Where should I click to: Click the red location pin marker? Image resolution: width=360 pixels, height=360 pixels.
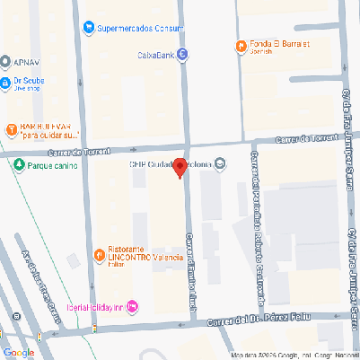[x=180, y=167]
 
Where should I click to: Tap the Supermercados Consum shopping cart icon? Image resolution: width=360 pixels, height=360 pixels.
[x=88, y=27]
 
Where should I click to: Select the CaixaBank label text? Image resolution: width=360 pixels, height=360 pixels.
[x=154, y=55]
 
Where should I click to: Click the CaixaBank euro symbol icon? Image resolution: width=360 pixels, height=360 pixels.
[x=183, y=55]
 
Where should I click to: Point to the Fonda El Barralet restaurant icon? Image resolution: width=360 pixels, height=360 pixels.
[x=241, y=46]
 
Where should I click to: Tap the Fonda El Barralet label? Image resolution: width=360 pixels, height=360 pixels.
[x=279, y=45]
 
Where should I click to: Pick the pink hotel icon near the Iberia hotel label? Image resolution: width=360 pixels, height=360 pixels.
[x=133, y=307]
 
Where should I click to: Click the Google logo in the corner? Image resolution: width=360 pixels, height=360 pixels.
[x=18, y=352]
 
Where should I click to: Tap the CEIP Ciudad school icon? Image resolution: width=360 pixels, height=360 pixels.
[x=221, y=162]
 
